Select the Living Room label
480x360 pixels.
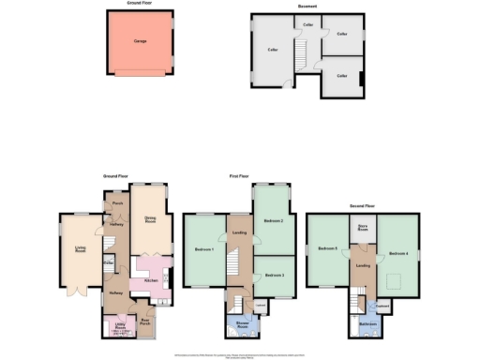coord(81,249)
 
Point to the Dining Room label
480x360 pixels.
coord(149,220)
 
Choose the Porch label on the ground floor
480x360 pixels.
coord(118,202)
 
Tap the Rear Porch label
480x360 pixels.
coord(144,322)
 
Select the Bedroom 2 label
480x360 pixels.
coord(274,220)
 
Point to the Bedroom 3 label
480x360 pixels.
coord(274,275)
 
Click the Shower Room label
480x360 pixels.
coord(243,327)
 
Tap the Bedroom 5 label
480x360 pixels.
coord(326,249)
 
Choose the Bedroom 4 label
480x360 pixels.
coord(398,253)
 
